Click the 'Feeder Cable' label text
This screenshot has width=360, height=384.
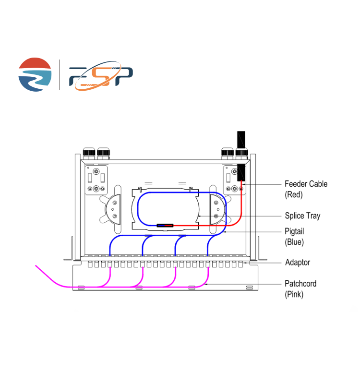(306, 184)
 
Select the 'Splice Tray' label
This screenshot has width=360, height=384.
(302, 216)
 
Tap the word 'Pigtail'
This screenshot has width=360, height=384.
(294, 232)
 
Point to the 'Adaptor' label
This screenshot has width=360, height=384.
(298, 263)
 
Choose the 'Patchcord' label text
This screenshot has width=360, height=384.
(300, 284)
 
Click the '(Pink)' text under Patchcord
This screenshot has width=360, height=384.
(294, 294)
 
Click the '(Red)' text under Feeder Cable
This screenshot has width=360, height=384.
(294, 194)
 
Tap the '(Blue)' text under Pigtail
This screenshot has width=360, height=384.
(294, 242)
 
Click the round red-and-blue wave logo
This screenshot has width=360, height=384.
(35, 74)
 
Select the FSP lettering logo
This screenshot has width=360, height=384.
(100, 76)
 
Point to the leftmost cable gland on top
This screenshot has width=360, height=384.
(89, 154)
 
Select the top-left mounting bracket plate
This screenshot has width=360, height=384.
(96, 180)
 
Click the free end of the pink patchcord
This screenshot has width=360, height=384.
(36, 265)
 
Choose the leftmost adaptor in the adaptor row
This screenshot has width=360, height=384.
(90, 264)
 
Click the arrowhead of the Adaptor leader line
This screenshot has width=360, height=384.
(246, 263)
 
